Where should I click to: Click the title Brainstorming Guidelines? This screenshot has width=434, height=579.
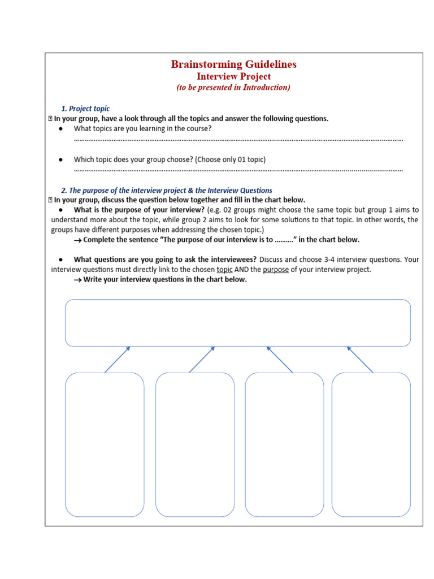pyautogui.click(x=233, y=64)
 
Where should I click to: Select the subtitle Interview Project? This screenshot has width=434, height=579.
pyautogui.click(x=233, y=76)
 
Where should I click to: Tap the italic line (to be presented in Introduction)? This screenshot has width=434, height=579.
pyautogui.click(x=233, y=88)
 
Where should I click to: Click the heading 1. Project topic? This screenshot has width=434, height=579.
pyautogui.click(x=85, y=109)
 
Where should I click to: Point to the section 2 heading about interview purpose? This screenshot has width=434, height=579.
pyautogui.click(x=166, y=191)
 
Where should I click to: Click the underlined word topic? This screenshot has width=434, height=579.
pyautogui.click(x=224, y=270)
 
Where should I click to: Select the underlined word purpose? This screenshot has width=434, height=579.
pyautogui.click(x=276, y=270)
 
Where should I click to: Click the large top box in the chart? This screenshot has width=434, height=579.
pyautogui.click(x=238, y=323)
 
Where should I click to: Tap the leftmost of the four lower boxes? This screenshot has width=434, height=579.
pyautogui.click(x=105, y=444)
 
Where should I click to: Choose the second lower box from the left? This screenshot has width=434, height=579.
pyautogui.click(x=195, y=444)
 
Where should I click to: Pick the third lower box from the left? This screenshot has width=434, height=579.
pyautogui.click(x=284, y=444)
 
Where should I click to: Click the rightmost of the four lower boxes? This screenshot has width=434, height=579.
pyautogui.click(x=371, y=444)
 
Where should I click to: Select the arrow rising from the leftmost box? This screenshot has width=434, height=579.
pyautogui.click(x=118, y=360)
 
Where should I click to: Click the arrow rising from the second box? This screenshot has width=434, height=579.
pyautogui.click(x=202, y=360)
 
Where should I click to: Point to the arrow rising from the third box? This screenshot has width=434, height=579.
pyautogui.click(x=280, y=360)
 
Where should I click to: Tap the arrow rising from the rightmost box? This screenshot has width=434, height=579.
pyautogui.click(x=360, y=360)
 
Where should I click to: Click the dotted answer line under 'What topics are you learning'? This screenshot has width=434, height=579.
pyautogui.click(x=238, y=140)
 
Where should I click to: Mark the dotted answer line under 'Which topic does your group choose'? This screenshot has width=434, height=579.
pyautogui.click(x=238, y=170)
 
